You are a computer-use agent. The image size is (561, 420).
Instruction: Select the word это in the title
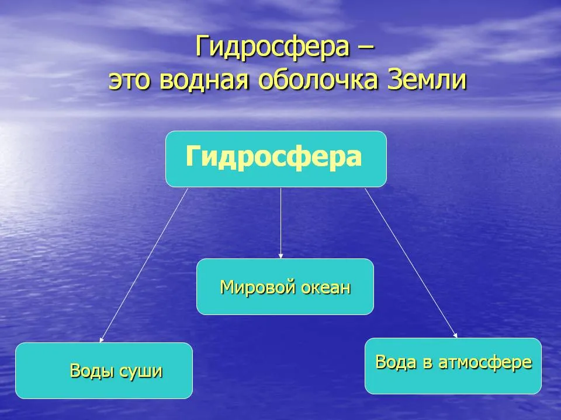pos(129,80)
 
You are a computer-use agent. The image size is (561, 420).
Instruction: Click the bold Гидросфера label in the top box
pos(273,157)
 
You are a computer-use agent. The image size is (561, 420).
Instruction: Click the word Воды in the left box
pos(92,371)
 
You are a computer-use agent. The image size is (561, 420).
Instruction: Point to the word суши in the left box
pos(141,372)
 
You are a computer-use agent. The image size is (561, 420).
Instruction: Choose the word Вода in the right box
pos(396,362)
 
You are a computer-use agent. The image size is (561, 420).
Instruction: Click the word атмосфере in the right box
pos(485,363)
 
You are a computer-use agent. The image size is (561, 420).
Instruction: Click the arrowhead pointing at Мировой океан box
pos(281,256)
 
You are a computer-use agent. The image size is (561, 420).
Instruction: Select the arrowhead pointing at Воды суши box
pos(102,339)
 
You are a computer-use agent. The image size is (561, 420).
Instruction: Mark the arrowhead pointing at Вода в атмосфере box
pos(455,335)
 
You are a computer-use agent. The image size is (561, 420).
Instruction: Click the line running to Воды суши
pos(144,265)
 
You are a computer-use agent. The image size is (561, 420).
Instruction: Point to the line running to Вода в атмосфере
pos(411,263)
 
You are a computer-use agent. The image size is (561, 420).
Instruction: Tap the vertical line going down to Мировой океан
pos(281,223)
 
